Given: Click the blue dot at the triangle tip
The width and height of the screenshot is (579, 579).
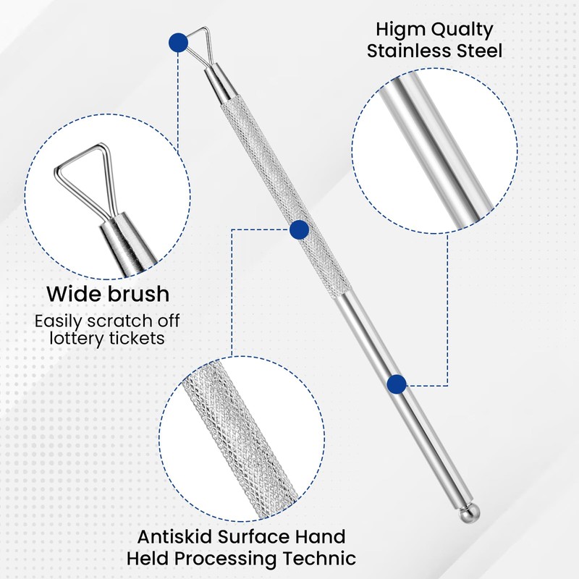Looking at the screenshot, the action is click(177, 43).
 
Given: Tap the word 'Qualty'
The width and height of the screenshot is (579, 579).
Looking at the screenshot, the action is click(466, 30).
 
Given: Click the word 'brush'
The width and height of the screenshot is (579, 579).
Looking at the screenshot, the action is click(138, 295).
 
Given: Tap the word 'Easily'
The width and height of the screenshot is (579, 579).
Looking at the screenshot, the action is click(62, 321).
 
